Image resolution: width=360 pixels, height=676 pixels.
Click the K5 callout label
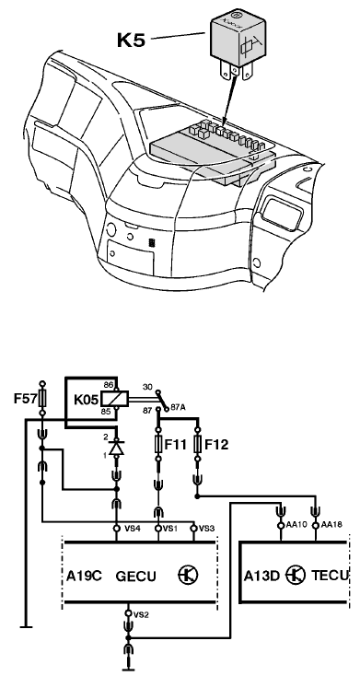[131, 41]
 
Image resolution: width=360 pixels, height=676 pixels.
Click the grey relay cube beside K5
[238, 38]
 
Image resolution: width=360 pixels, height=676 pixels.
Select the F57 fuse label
[26, 399]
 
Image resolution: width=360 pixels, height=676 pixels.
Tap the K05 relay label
[87, 399]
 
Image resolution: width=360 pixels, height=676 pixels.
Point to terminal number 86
[108, 384]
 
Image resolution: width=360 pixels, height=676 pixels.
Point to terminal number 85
[106, 412]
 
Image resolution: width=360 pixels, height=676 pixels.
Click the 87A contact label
[178, 407]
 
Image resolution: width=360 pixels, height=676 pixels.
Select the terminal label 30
[147, 387]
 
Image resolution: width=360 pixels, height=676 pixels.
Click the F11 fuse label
[176, 445]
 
